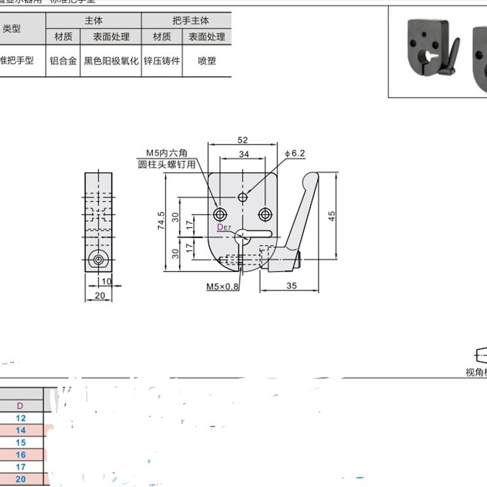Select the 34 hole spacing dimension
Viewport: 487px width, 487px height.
pos(243,155)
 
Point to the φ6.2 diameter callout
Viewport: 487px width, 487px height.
pos(294,153)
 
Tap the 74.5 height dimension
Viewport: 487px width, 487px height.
pos(161,223)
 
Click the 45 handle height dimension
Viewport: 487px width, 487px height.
pos(332,216)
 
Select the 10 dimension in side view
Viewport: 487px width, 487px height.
pos(107,281)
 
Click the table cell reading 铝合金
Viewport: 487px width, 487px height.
pos(63,61)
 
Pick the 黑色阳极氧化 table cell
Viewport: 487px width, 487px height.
pos(111,61)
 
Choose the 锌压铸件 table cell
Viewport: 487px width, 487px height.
pos(162,61)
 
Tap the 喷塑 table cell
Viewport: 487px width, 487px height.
pos(206,61)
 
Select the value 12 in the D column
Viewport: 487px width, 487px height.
pos(21,418)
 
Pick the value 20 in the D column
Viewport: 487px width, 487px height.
pos(21,479)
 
